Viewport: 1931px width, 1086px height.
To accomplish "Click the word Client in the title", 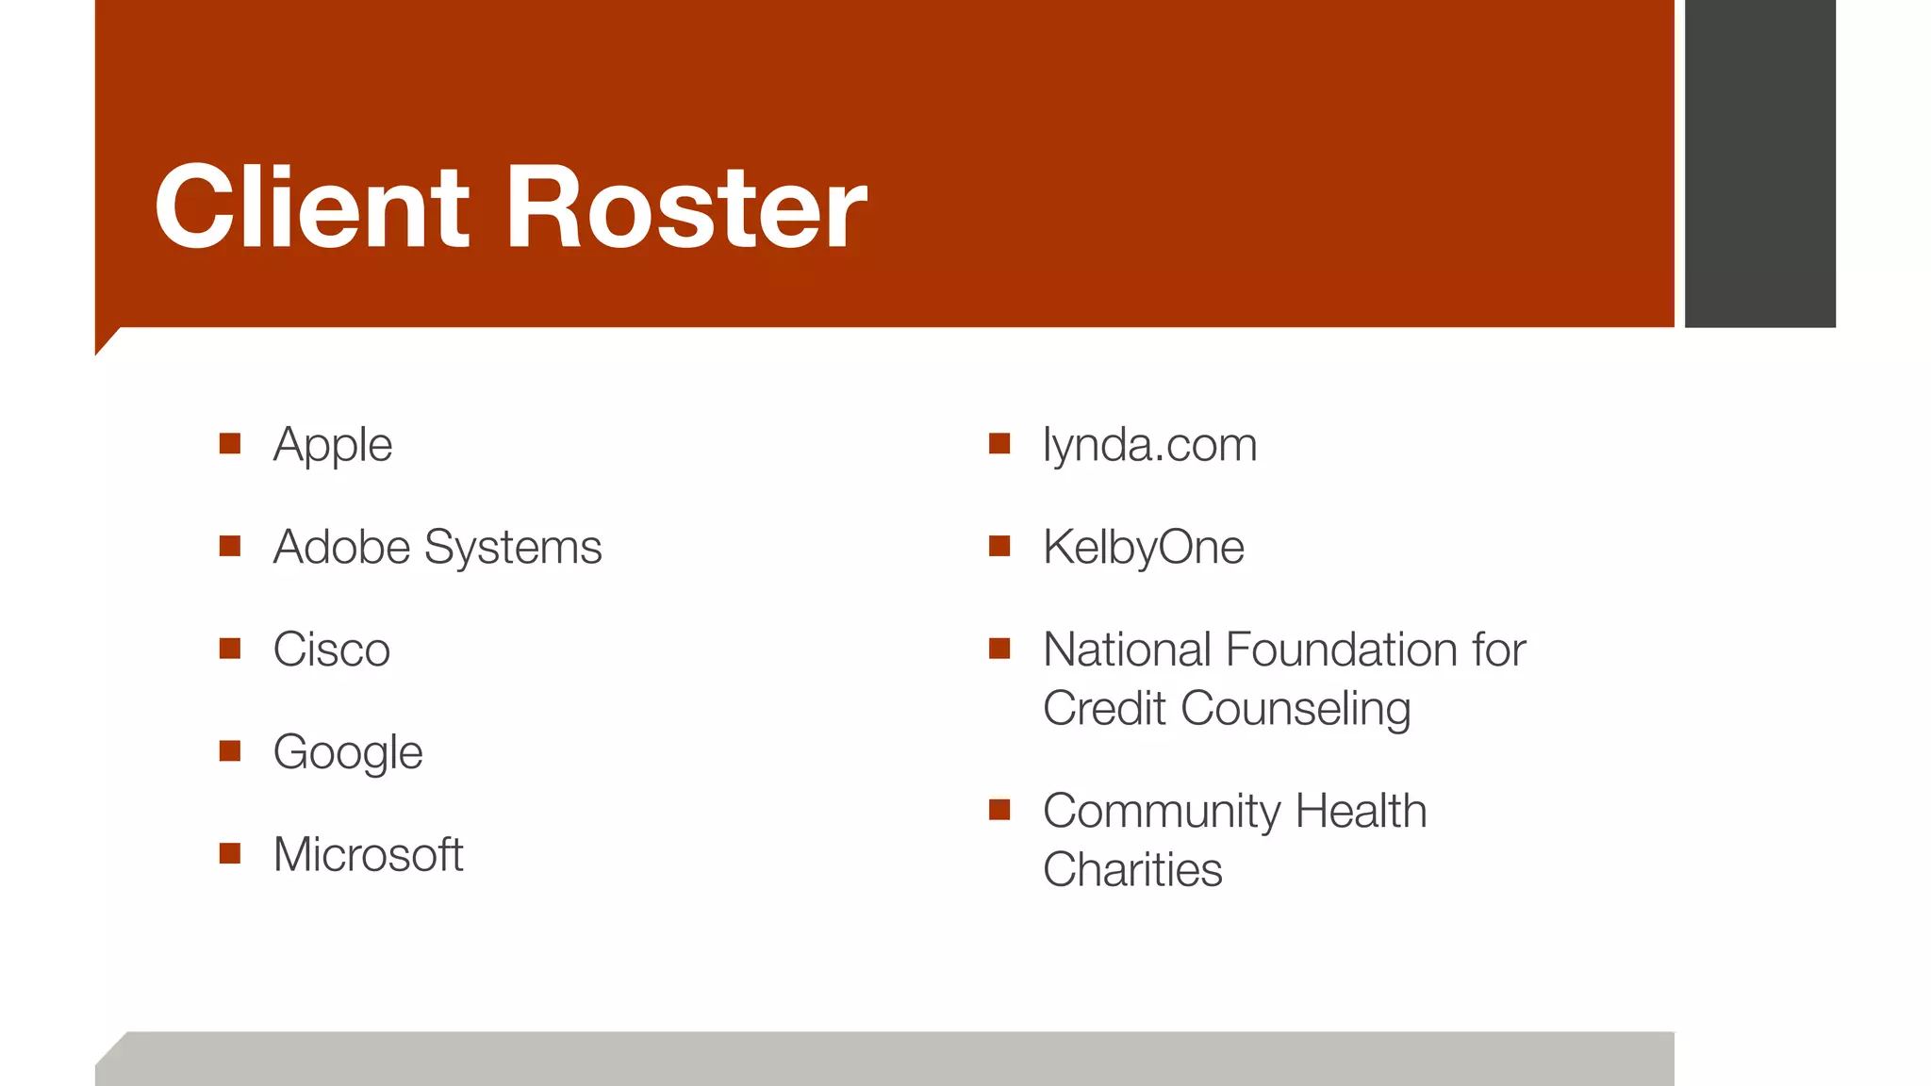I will [311, 206].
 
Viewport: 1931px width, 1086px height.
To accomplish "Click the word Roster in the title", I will [685, 206].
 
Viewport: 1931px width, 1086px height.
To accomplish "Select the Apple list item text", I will [332, 444].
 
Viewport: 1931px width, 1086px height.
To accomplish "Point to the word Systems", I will [513, 547].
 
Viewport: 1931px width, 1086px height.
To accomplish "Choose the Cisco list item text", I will [331, 650].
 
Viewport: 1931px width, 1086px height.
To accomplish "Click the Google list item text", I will [347, 752].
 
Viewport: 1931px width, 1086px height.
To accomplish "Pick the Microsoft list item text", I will [368, 854].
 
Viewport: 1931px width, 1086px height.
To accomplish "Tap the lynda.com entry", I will [1149, 444].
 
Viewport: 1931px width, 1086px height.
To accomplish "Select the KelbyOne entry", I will [1143, 547].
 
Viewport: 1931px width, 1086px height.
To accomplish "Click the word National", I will [1127, 650].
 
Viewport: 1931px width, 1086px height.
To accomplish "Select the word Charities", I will [1131, 869].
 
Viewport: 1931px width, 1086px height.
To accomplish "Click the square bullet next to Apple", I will [230, 443].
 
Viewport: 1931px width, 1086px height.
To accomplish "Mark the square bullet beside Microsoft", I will [230, 853].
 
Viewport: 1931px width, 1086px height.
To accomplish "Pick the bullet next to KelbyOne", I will [999, 546].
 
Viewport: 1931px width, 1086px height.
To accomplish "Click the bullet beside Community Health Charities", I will [999, 810].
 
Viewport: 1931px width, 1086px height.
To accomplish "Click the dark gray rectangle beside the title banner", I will [1759, 163].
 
